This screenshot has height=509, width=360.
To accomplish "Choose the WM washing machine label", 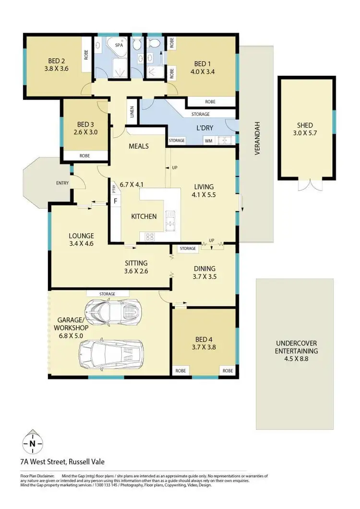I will (208, 141).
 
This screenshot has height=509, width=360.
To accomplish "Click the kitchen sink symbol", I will (171, 220).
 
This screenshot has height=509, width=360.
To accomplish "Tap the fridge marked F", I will (115, 201).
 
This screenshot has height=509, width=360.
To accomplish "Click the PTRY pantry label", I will (114, 189).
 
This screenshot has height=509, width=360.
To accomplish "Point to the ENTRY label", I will (62, 183).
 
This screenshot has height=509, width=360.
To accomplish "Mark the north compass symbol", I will (32, 444).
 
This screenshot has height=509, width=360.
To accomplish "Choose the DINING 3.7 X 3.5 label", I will (204, 272).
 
